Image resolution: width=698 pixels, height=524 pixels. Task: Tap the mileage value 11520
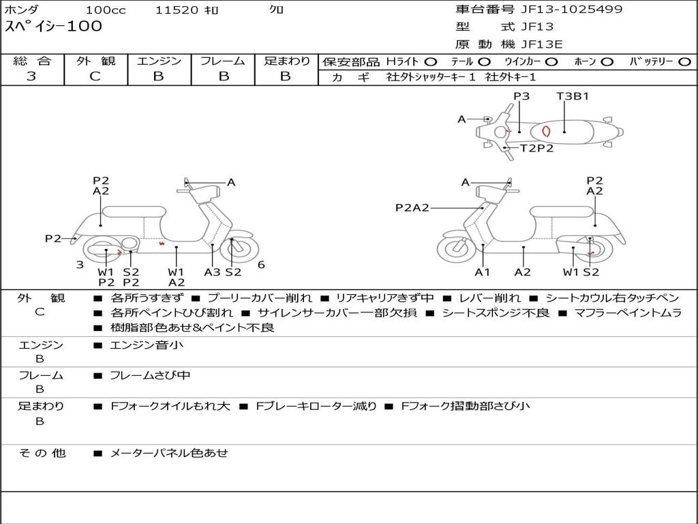[x=177, y=10]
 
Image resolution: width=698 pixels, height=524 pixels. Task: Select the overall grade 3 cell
[x=31, y=76]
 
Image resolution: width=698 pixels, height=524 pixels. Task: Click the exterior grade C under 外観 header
[x=95, y=76]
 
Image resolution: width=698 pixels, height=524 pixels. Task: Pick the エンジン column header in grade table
[x=159, y=61]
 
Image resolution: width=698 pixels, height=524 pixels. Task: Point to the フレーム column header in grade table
[x=222, y=61]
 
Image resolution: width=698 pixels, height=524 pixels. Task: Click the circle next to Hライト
[x=431, y=61]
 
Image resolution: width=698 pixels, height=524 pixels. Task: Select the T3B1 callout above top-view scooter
[x=572, y=96]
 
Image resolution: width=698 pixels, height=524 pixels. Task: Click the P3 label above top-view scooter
[x=521, y=96]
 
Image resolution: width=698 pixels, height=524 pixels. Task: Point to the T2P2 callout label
[x=536, y=148]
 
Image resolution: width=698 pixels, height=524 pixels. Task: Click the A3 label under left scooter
[x=212, y=272]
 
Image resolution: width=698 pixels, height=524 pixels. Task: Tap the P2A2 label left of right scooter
[x=412, y=208]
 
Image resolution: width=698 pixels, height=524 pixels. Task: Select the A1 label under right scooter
[x=483, y=272]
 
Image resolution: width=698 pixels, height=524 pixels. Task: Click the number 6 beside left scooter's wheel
[x=261, y=265]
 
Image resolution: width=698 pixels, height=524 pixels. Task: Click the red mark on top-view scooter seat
[x=545, y=131]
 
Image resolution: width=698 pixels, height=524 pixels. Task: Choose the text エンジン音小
[x=147, y=345]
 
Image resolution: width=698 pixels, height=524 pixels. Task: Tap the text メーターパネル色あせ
[x=169, y=452]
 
